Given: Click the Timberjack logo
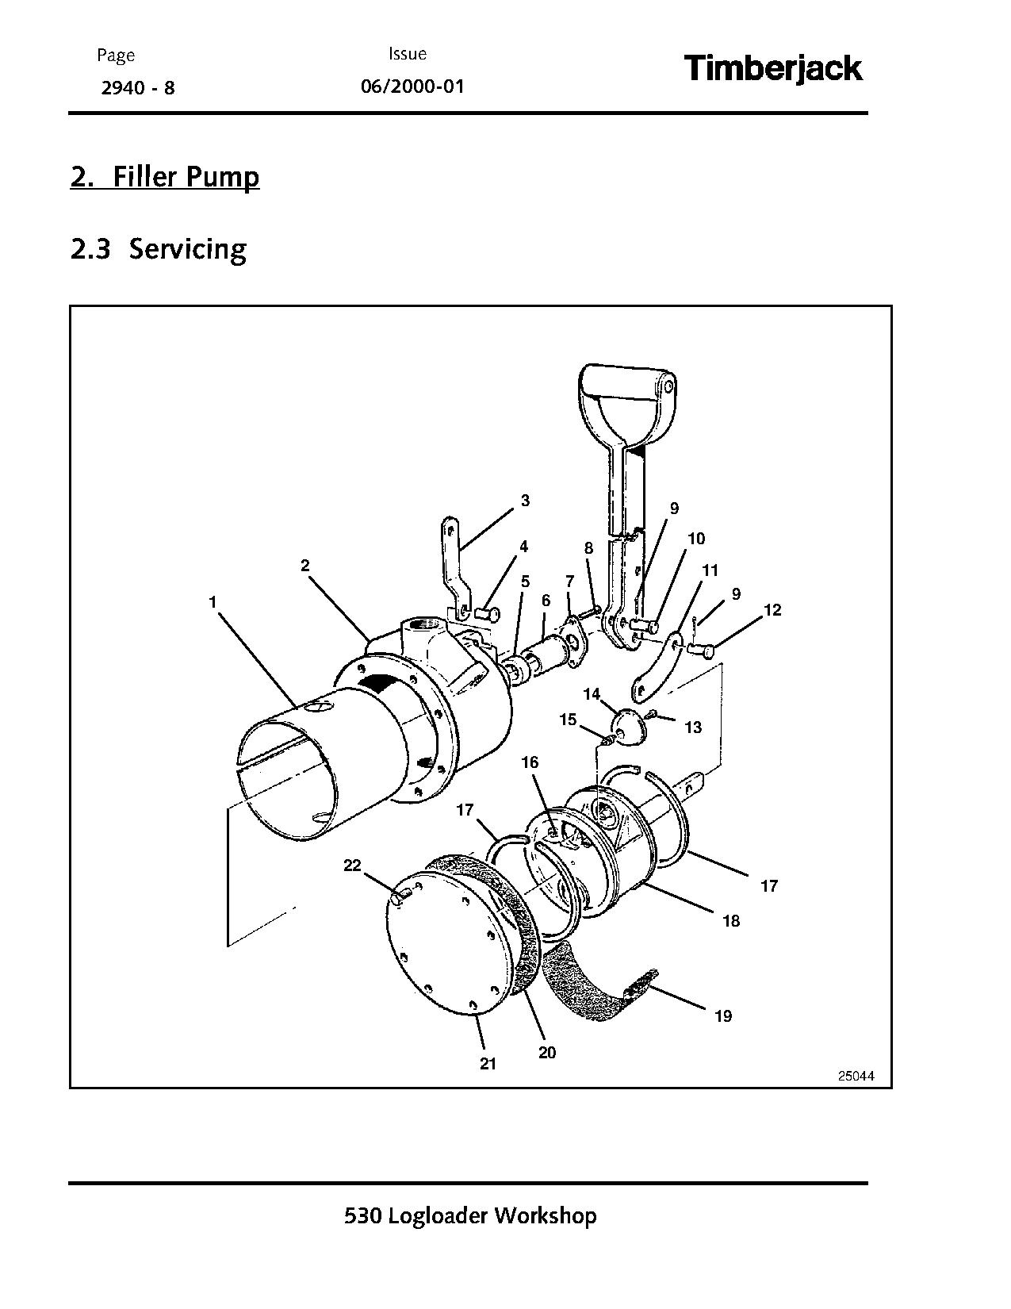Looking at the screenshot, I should [x=772, y=69].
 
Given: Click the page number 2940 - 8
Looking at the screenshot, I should [x=137, y=87].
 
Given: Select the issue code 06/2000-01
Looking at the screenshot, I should [x=412, y=86].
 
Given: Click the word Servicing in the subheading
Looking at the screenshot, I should [x=188, y=249].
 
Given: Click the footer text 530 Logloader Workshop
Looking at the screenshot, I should [x=470, y=1215].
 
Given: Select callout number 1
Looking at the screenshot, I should [x=213, y=603].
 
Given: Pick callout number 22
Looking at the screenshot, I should [x=351, y=866].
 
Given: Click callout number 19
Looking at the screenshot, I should [x=722, y=1016].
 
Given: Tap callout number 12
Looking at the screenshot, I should [x=772, y=609].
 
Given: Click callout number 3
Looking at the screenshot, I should [x=525, y=501].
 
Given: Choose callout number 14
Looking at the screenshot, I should [x=592, y=694].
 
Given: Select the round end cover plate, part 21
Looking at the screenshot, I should [x=444, y=944].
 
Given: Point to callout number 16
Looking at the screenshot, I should [x=530, y=762].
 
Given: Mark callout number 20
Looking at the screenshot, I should [x=547, y=1053].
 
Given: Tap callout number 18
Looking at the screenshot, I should [x=730, y=920].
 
